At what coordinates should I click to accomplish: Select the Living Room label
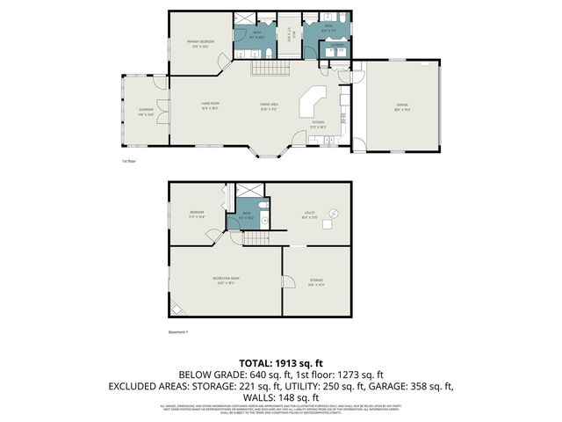[208, 105]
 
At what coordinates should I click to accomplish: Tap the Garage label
[401, 105]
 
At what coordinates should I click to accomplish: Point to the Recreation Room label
[226, 280]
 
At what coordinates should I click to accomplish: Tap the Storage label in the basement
[316, 282]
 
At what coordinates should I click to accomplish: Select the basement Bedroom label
[197, 214]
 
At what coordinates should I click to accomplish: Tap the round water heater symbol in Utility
[334, 213]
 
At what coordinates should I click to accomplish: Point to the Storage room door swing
[287, 281]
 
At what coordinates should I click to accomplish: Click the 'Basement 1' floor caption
[179, 331]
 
